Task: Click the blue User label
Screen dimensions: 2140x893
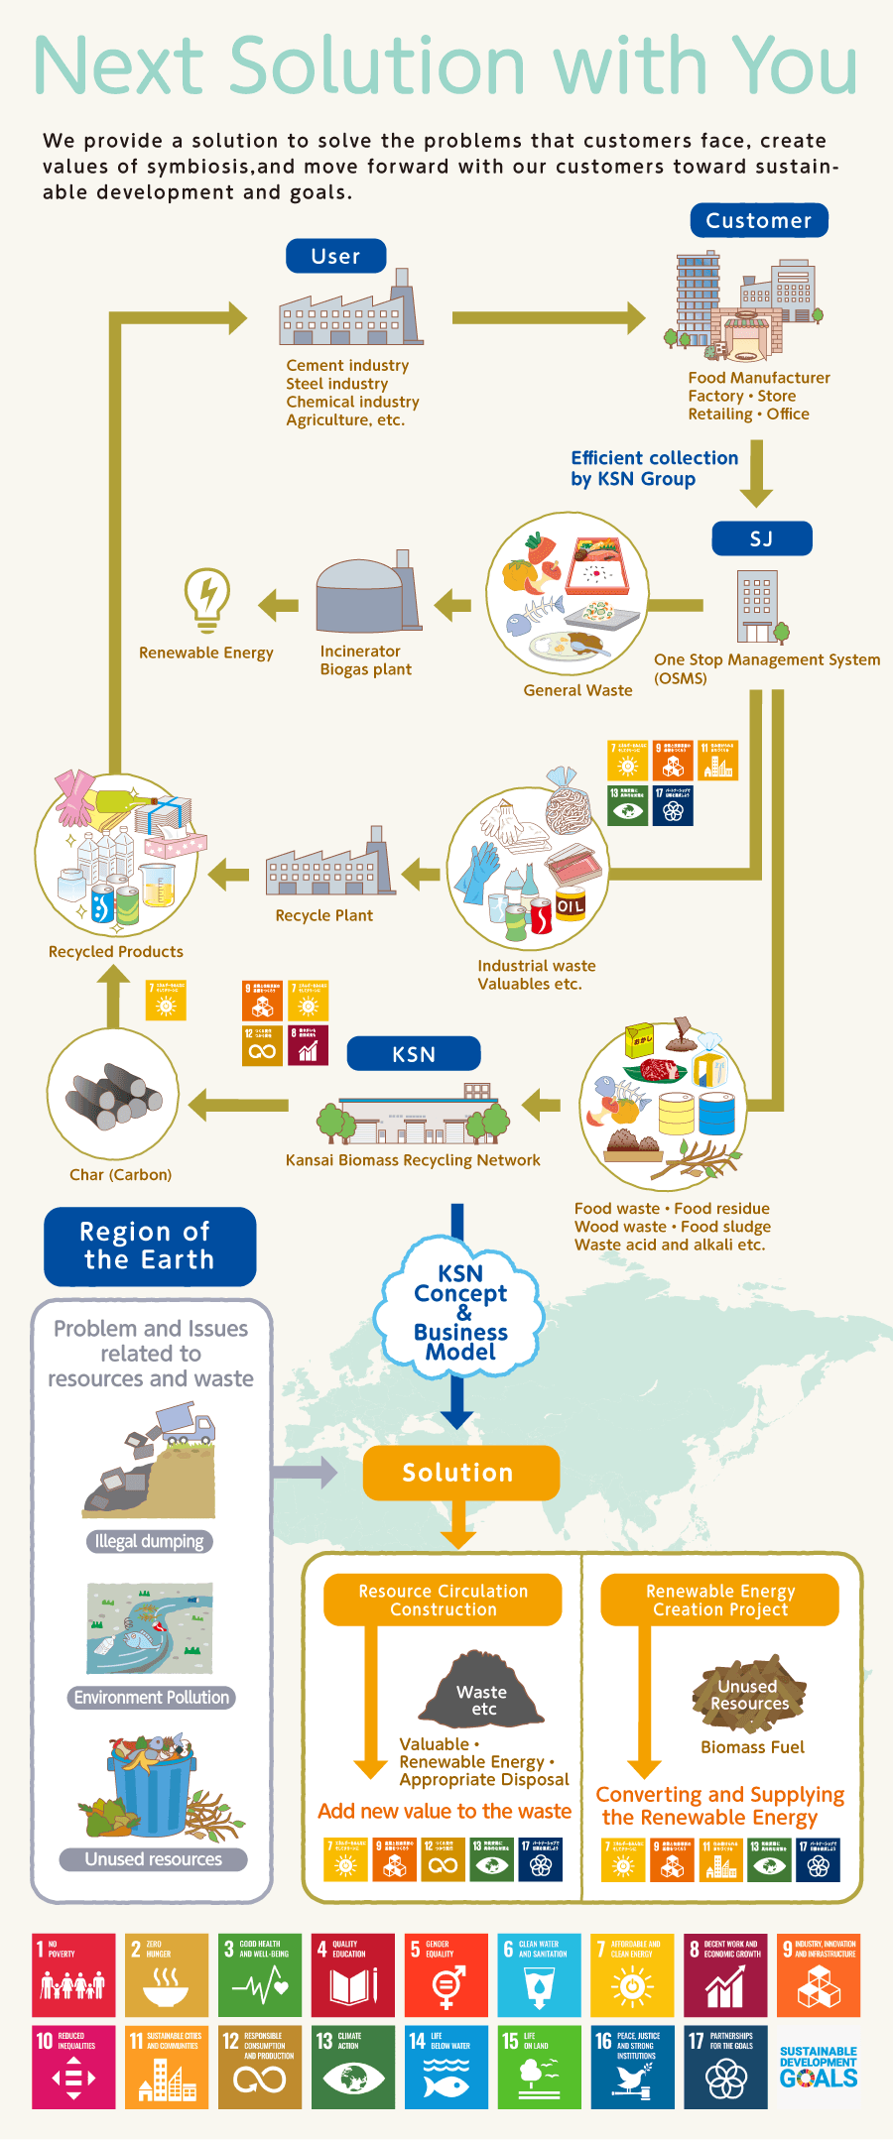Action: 335,256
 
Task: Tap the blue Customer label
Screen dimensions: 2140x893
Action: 758,220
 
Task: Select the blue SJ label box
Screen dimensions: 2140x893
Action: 761,538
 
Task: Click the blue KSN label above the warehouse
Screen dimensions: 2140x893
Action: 413,1054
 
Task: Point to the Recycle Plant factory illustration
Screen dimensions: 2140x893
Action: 327,862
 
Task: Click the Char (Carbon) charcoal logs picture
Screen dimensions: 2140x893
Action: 113,1095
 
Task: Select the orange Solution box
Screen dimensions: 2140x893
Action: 460,1473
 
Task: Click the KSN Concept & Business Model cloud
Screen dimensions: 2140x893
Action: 460,1311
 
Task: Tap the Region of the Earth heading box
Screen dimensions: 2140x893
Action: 149,1246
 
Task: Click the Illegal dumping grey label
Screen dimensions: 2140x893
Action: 149,1542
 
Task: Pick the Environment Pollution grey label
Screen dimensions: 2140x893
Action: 151,1698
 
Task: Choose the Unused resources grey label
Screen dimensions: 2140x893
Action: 153,1859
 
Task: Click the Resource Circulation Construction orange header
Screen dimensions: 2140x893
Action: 443,1601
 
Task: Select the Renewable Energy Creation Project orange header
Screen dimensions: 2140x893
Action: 720,1601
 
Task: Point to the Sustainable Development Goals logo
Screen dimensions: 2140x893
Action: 818,2068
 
